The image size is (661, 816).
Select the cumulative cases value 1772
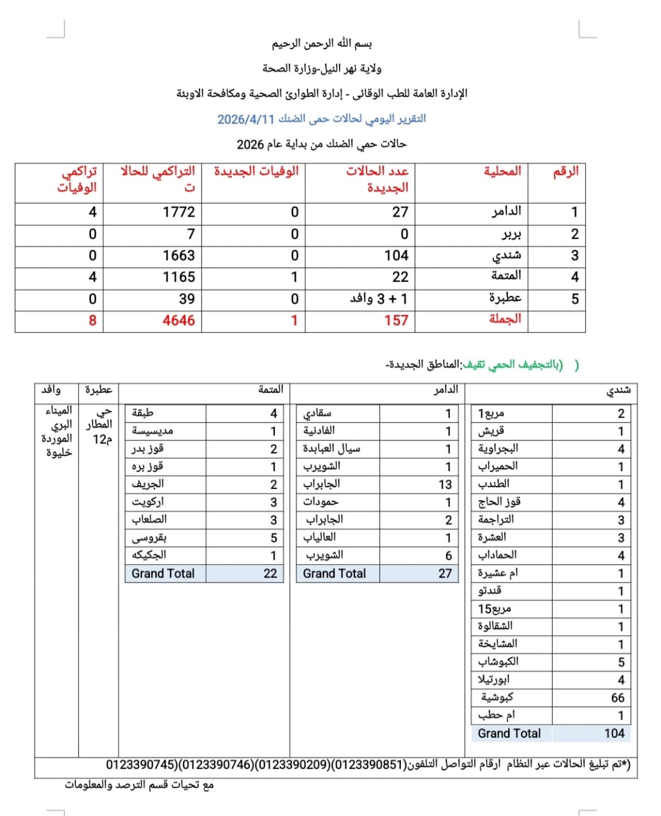[178, 212]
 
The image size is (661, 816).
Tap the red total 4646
[178, 320]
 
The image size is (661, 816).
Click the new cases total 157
[395, 320]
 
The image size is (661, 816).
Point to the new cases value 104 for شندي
[396, 256]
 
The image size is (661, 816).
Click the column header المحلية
[502, 171]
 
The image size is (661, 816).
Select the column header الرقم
[565, 171]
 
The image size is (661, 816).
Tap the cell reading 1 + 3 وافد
[379, 298]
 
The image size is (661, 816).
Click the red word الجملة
[505, 319]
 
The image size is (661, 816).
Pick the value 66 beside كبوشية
[617, 698]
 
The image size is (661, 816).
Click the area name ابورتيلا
[493, 680]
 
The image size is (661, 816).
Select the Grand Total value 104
[614, 733]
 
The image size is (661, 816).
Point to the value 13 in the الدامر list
[444, 484]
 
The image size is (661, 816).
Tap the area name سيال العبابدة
[331, 449]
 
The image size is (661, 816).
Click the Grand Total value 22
[270, 573]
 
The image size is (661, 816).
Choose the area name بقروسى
[149, 537]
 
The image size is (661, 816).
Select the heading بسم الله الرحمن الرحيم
[322, 44]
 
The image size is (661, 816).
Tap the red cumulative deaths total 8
[92, 320]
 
